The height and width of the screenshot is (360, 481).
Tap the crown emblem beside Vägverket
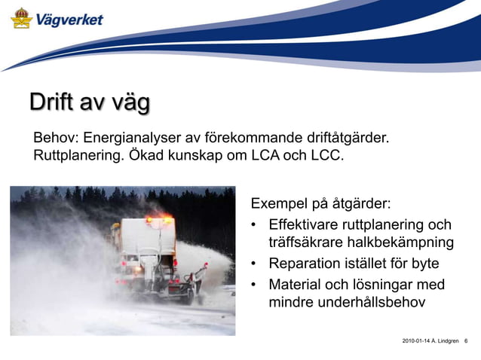tap(21, 17)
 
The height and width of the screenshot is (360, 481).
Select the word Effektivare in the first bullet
tap(305, 225)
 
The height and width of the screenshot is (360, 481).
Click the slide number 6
tap(466, 342)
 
